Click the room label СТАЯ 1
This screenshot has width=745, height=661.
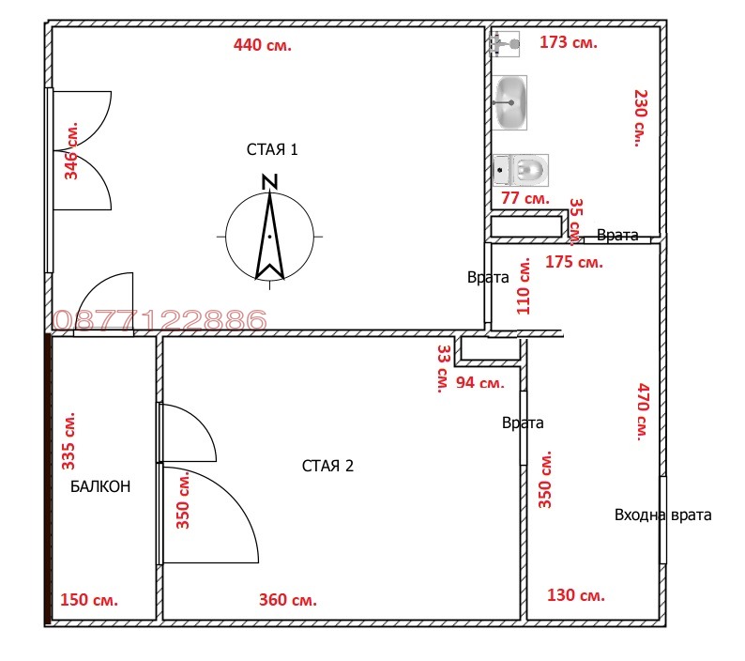[272, 150]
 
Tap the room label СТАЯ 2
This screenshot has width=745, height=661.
[327, 466]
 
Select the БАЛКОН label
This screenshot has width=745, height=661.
[100, 486]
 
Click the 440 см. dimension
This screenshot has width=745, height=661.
[263, 45]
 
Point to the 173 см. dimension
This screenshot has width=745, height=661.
[569, 42]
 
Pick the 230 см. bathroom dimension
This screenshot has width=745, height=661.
[641, 118]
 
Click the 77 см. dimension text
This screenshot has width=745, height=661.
[525, 198]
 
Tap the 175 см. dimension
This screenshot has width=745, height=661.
[574, 262]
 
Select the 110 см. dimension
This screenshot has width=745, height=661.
[524, 286]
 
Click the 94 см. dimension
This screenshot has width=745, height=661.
[479, 383]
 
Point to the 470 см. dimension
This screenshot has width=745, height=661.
[643, 412]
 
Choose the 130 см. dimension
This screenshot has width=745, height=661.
[576, 595]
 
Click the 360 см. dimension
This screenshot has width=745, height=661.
[287, 600]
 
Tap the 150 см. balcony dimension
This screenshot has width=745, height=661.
[89, 600]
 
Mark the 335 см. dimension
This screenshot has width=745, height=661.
[68, 441]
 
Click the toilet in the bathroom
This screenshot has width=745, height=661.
[521, 170]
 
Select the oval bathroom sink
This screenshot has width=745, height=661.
[509, 102]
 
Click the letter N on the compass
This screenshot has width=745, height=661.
[270, 182]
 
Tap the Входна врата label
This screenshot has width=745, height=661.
[662, 515]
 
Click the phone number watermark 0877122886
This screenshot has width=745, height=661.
[160, 320]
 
